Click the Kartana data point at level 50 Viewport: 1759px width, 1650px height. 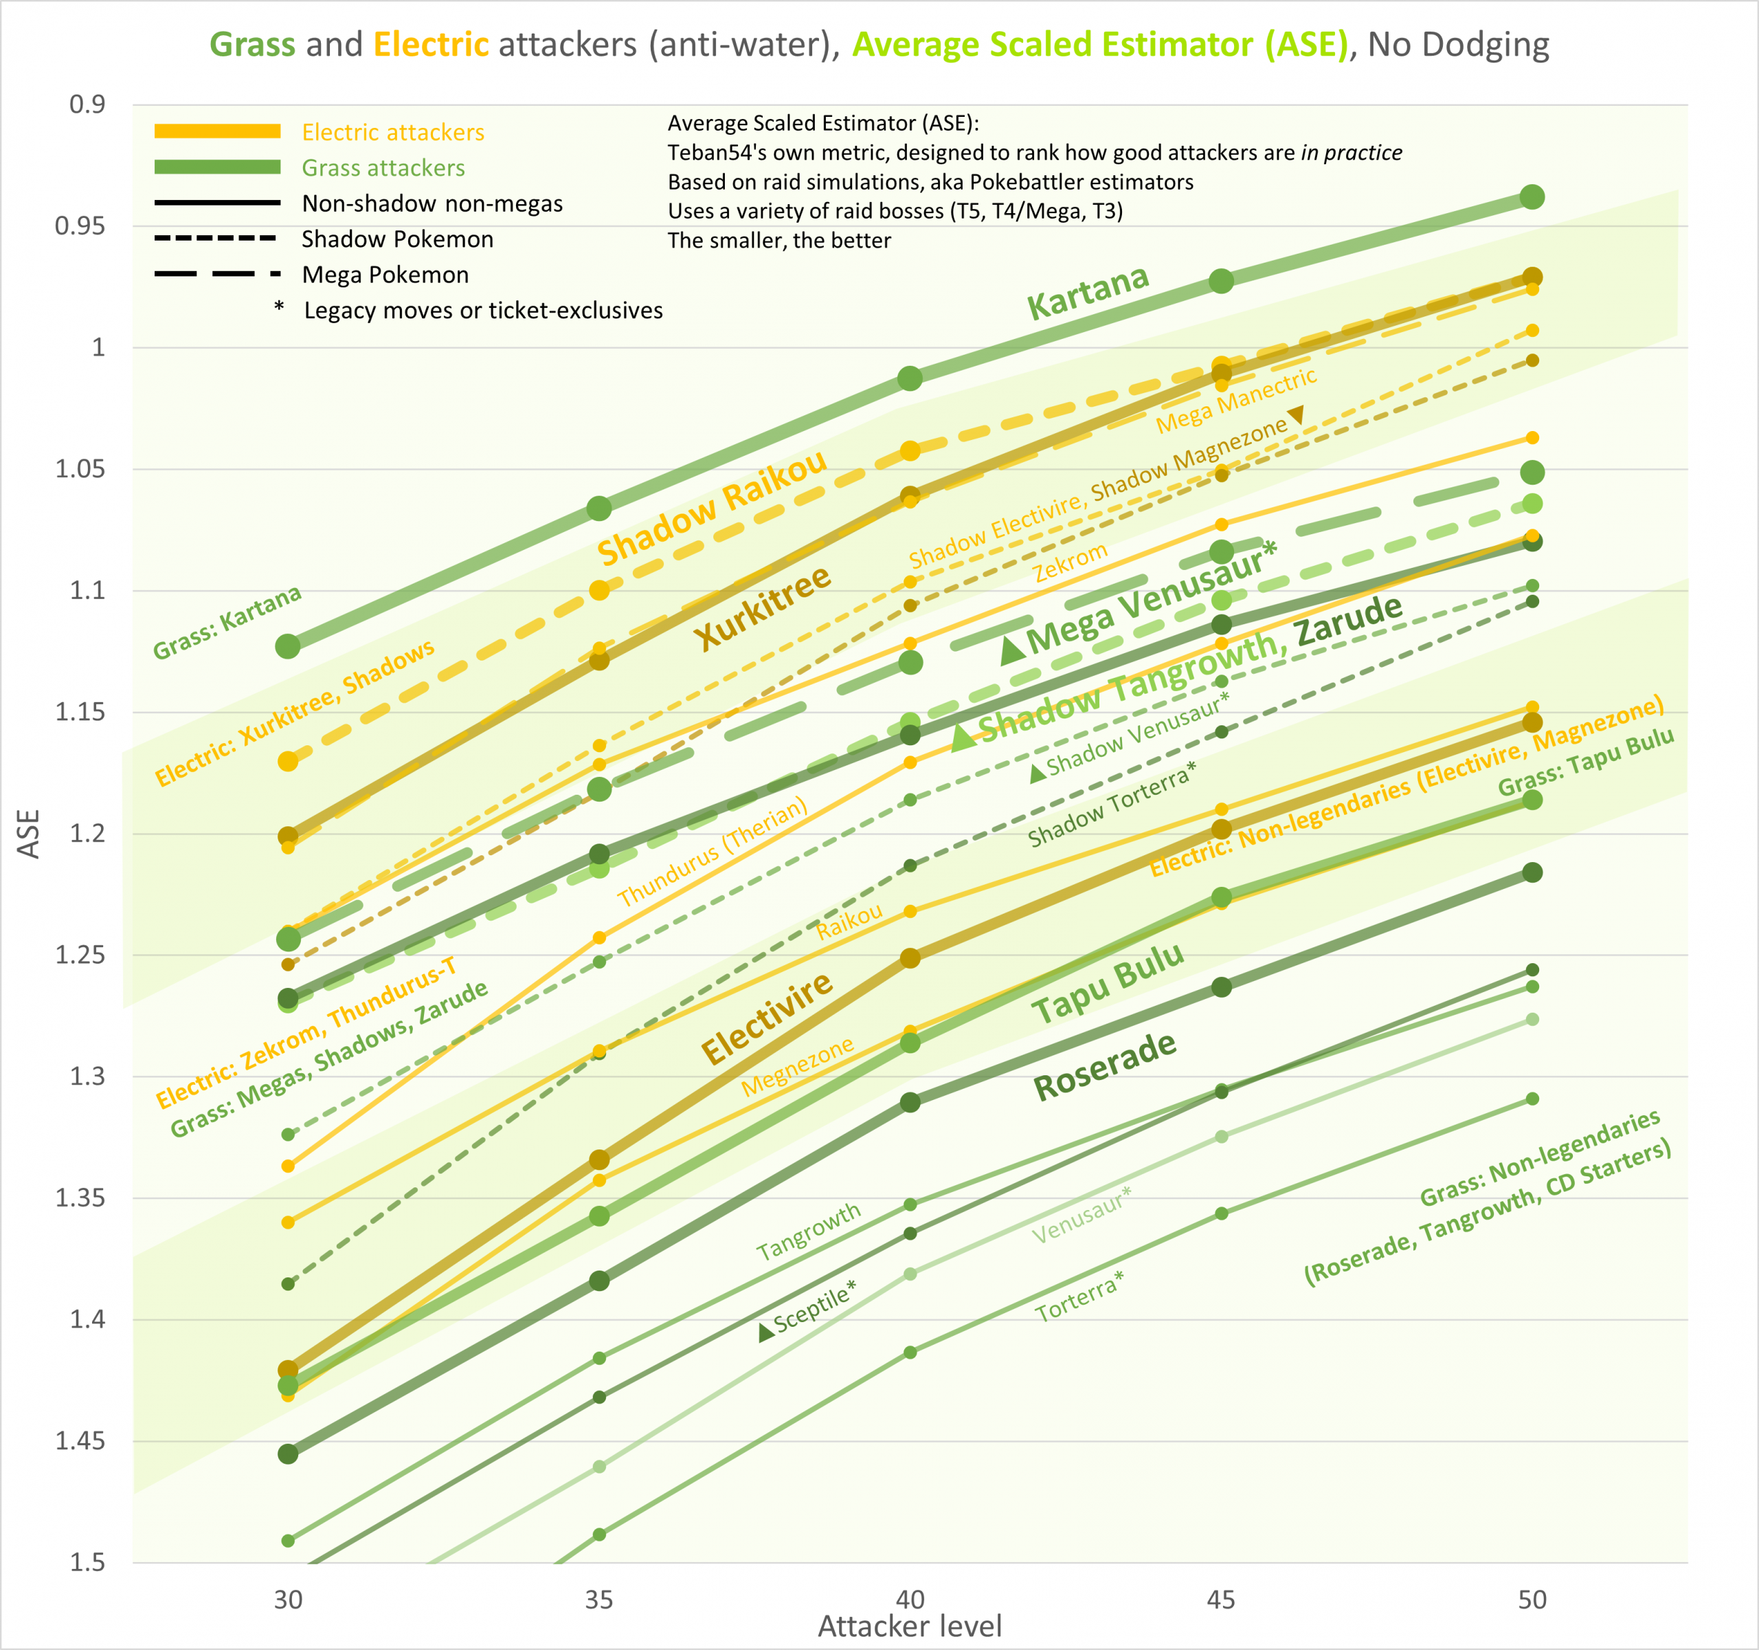pyautogui.click(x=1532, y=197)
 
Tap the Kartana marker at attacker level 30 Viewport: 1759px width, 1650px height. pyautogui.click(x=288, y=646)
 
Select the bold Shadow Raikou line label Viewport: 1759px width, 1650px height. pyautogui.click(x=713, y=508)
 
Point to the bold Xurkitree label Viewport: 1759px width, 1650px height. pyautogui.click(x=762, y=607)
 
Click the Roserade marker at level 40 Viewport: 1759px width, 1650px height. pyautogui.click(x=910, y=1102)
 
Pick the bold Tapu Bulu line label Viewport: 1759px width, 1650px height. pyautogui.click(x=1108, y=983)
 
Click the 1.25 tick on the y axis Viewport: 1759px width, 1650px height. pyautogui.click(x=80, y=955)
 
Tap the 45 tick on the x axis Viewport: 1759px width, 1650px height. pyautogui.click(x=1221, y=1600)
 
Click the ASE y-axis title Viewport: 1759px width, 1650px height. pyautogui.click(x=28, y=834)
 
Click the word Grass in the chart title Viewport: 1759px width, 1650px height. pyautogui.click(x=252, y=44)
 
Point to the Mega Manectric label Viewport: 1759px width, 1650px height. pyautogui.click(x=1236, y=401)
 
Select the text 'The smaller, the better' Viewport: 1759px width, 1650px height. pyautogui.click(x=778, y=241)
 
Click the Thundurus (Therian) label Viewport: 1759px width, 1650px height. pyautogui.click(x=713, y=852)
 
